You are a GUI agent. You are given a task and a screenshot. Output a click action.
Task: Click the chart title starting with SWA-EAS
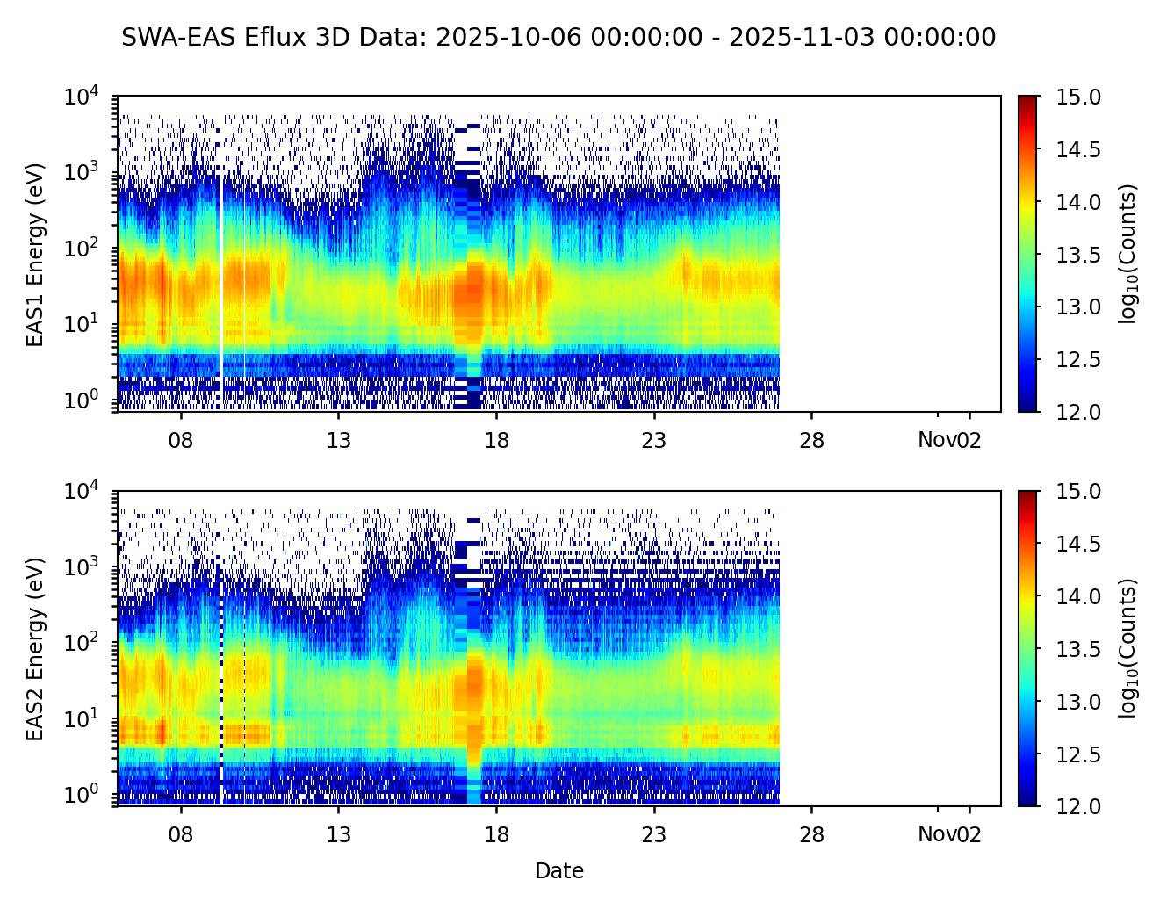(x=558, y=38)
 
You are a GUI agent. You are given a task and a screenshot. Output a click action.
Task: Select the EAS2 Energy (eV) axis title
(x=35, y=649)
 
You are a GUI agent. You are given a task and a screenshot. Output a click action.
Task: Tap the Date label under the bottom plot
(x=559, y=871)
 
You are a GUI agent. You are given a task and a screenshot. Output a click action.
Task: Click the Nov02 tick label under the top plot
(x=949, y=439)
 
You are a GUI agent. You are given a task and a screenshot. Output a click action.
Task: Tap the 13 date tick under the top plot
(x=339, y=439)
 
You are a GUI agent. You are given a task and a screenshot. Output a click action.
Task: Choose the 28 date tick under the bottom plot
(x=812, y=834)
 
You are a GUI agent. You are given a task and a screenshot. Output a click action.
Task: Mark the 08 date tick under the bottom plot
(x=181, y=834)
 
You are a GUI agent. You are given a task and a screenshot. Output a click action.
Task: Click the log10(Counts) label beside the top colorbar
(x=1128, y=254)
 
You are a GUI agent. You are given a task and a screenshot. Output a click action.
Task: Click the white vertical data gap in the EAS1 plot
(x=220, y=263)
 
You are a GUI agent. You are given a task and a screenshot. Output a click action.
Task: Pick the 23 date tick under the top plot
(x=654, y=439)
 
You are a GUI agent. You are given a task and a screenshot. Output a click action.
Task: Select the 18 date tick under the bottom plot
(x=497, y=834)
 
